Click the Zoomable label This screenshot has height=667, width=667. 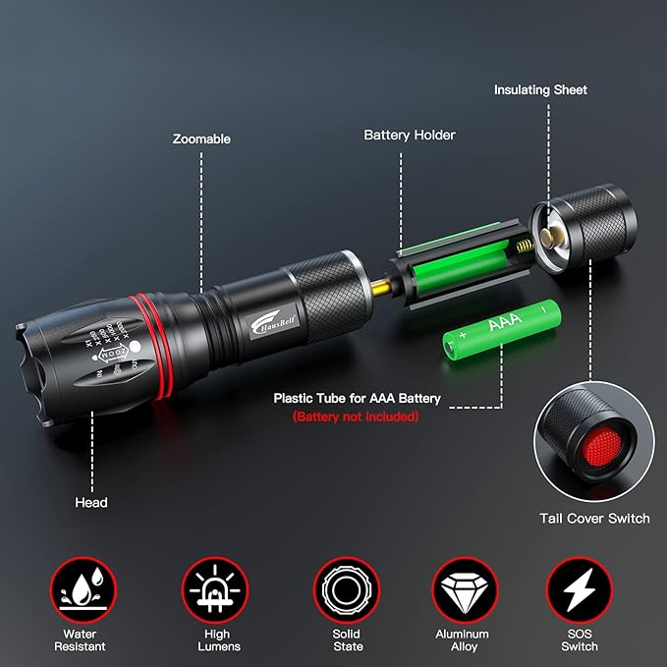201,139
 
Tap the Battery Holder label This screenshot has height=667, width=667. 410,135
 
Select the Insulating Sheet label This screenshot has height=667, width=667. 540,89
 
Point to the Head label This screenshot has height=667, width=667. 91,502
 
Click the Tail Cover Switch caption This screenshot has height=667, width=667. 594,518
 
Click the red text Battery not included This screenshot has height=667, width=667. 356,417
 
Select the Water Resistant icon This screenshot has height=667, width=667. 82,590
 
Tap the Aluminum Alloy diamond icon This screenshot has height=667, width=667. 462,590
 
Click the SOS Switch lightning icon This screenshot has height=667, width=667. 580,590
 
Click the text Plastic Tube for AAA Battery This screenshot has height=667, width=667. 357,399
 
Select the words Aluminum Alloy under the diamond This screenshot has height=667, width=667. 462,640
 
